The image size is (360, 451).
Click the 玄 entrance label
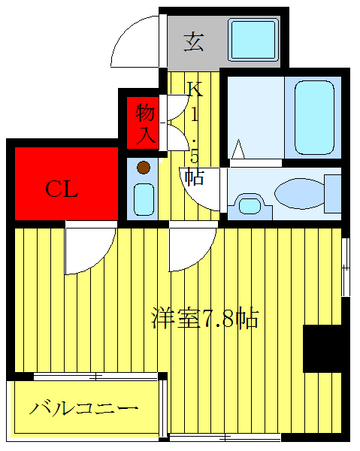tap(194, 41)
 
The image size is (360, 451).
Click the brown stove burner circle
tap(143, 168)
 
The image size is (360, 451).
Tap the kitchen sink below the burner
tap(143, 198)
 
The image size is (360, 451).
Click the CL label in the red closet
tap(62, 189)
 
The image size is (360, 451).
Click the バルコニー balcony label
tap(84, 410)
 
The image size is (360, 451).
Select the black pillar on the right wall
tap(322, 347)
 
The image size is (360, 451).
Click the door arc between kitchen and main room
tap(190, 252)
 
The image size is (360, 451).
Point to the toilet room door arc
tap(207, 192)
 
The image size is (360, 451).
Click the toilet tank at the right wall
tap(331, 192)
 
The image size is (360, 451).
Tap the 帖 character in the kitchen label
tap(195, 177)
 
